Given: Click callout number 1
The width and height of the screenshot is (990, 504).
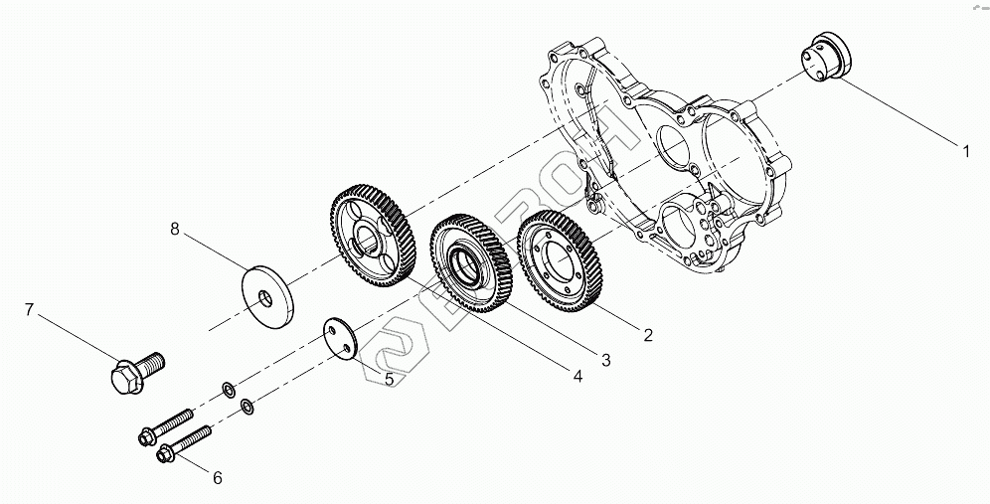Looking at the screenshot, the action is [966, 151].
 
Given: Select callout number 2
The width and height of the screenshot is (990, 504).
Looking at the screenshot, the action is [648, 335].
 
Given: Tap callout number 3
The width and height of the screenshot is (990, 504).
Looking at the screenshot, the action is [606, 360].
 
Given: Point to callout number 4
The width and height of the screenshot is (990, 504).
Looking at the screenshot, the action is [577, 377].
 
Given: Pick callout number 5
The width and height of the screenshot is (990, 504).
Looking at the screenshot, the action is [389, 379].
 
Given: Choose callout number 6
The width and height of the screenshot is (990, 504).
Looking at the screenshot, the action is [218, 478].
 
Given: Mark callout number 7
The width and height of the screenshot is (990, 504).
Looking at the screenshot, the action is [29, 310].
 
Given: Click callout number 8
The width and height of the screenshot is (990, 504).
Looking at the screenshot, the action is [175, 229].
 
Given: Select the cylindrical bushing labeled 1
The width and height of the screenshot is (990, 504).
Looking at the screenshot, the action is [826, 57].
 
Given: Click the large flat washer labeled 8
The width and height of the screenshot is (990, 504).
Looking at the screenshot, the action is [267, 297].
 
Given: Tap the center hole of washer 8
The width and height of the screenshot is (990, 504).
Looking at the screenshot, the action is [265, 298].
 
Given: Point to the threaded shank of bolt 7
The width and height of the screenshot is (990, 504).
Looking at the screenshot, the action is [150, 364].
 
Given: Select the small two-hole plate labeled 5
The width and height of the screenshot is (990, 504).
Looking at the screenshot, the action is [340, 339].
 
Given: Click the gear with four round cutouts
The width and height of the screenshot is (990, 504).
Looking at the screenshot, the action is [373, 235].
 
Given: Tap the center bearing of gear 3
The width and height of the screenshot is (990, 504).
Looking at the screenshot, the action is [467, 266].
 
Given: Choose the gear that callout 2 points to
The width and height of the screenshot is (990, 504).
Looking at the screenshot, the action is [560, 260].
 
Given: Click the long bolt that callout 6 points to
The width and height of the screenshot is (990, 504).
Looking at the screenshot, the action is [183, 443].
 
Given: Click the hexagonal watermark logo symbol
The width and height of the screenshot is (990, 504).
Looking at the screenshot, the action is [395, 351].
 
